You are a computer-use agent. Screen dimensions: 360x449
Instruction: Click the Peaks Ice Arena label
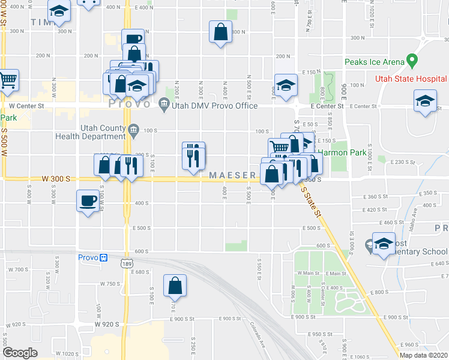(374, 62)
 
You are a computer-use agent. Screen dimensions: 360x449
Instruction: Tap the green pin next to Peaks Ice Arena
(411, 61)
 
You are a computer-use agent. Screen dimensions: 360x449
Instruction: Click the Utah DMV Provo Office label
(214, 106)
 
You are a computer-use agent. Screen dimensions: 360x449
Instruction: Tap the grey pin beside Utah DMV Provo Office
(164, 106)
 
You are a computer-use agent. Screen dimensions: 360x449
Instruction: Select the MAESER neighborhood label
(233, 175)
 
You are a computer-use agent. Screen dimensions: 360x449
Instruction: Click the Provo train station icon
(103, 257)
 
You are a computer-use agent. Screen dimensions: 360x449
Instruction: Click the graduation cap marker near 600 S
(383, 244)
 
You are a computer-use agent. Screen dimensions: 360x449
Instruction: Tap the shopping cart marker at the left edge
(7, 81)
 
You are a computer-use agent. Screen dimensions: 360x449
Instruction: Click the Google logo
(20, 352)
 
